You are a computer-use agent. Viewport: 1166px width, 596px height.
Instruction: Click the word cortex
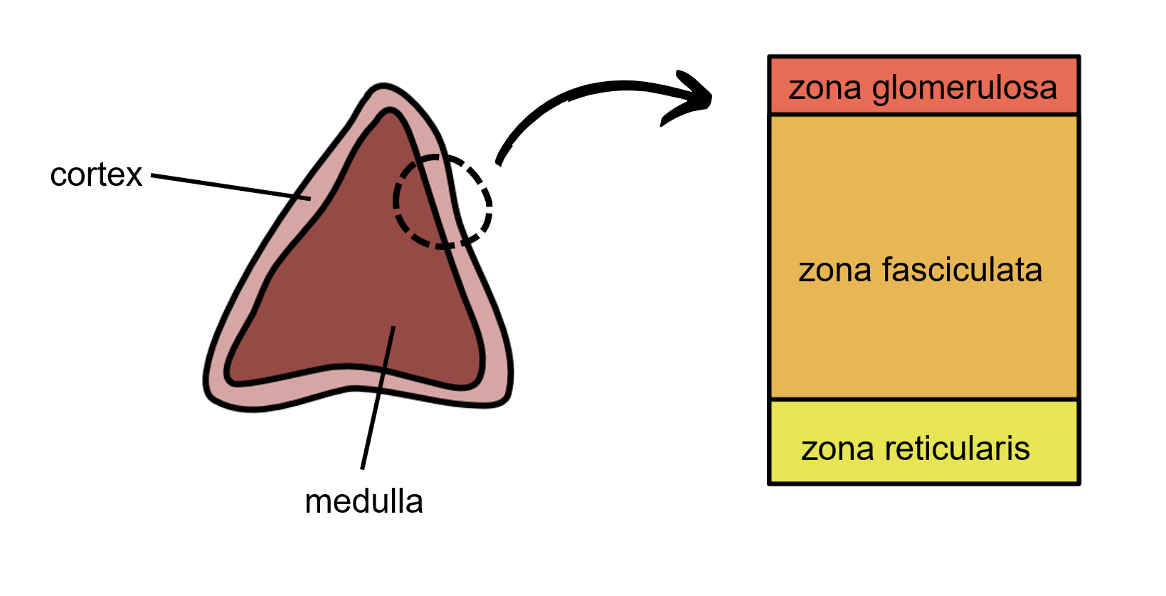point(96,175)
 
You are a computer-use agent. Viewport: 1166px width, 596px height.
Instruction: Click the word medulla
point(364,502)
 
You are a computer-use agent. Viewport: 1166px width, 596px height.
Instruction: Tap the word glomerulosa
point(964,89)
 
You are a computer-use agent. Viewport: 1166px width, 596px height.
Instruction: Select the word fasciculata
point(962,271)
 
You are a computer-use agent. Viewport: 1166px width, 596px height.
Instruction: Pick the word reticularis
point(957,449)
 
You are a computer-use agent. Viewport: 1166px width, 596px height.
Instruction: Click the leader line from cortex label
point(228,186)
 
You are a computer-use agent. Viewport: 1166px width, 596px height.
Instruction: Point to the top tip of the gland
point(380,89)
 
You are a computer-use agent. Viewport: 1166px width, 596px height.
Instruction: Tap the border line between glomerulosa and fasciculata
point(923,114)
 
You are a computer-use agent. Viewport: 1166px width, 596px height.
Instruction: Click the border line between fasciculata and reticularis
point(923,399)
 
